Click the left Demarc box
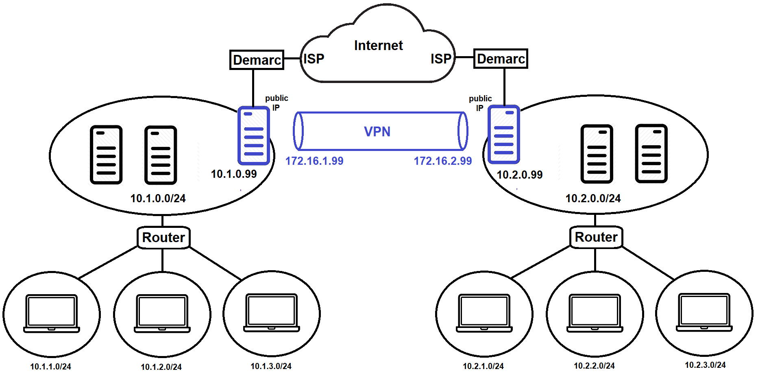(x=257, y=60)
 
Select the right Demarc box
(x=501, y=59)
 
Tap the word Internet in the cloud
(x=378, y=45)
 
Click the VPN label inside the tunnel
(x=377, y=131)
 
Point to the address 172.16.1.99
(x=314, y=161)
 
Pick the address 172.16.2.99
(x=443, y=161)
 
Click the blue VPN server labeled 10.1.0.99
(x=254, y=135)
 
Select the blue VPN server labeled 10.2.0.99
(x=504, y=135)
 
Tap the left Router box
(x=163, y=237)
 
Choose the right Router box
(x=596, y=237)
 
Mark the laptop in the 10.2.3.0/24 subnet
(x=704, y=312)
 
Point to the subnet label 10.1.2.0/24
(x=161, y=367)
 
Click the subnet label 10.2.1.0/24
(x=483, y=366)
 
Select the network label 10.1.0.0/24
(x=158, y=199)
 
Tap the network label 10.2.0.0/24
(x=593, y=199)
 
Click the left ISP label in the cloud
(x=314, y=59)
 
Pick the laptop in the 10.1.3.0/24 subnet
(x=272, y=312)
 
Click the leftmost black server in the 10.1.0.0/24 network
(x=106, y=155)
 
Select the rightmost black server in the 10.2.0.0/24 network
(x=651, y=153)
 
